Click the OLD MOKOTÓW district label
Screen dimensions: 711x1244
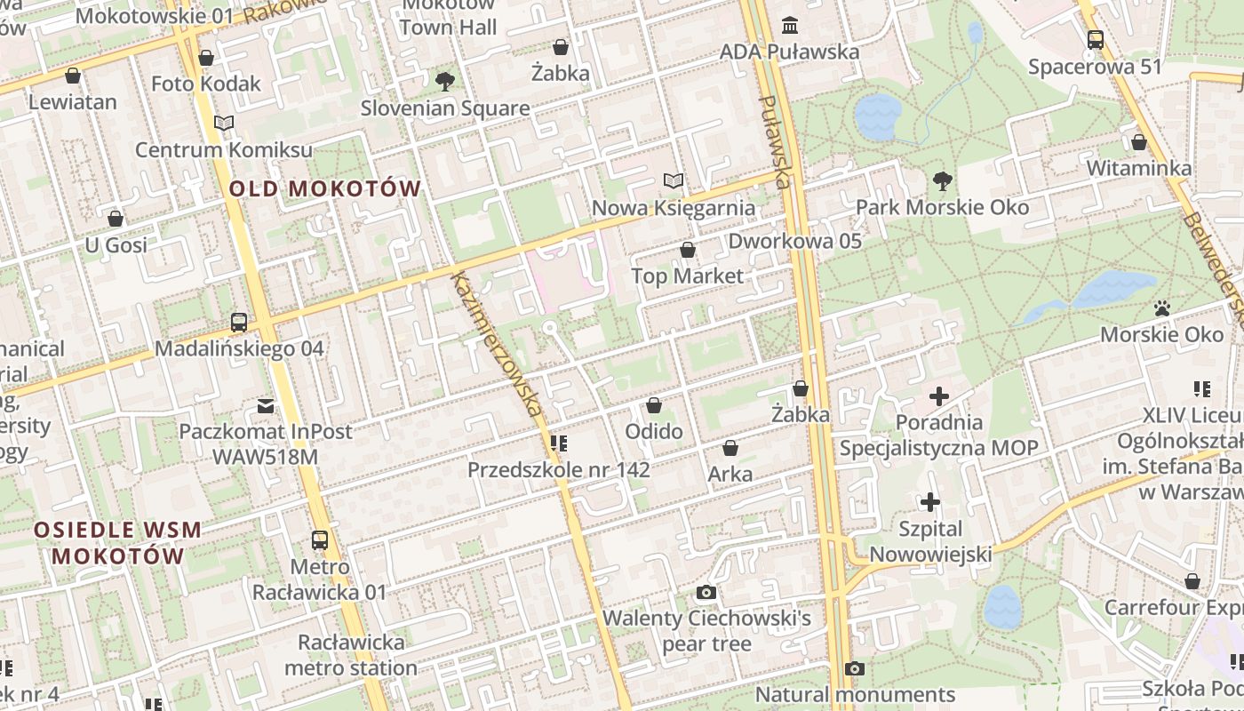point(324,188)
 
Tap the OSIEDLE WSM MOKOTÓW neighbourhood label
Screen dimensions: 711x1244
point(117,543)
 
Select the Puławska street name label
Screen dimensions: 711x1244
point(774,142)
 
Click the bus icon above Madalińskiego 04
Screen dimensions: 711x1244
point(239,323)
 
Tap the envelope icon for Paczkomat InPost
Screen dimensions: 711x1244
point(266,406)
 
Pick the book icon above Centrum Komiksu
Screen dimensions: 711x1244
point(224,124)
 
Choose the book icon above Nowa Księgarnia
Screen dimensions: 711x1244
point(674,181)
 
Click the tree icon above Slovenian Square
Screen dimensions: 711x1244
point(445,82)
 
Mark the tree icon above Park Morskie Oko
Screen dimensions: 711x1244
point(942,181)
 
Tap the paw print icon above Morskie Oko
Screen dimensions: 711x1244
point(1162,308)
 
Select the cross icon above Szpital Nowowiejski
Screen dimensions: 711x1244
point(930,502)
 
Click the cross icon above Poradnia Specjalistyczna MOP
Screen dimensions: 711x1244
point(939,395)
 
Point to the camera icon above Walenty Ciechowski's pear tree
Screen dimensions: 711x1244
point(706,592)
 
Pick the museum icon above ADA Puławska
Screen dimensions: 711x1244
point(789,25)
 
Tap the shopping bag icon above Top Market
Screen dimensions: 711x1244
point(687,250)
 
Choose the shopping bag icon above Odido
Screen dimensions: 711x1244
point(654,405)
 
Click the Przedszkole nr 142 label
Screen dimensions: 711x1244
point(559,469)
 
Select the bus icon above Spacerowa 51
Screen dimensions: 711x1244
point(1095,40)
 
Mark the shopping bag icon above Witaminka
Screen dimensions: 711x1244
point(1139,142)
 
